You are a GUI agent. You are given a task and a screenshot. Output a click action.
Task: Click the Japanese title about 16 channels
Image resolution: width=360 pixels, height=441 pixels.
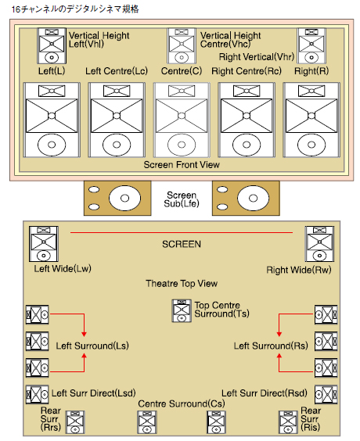[75, 9]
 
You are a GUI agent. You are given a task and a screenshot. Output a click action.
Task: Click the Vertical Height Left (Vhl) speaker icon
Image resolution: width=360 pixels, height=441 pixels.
[52, 46]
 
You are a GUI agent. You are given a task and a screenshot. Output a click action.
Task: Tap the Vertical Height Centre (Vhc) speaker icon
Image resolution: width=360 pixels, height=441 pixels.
[182, 46]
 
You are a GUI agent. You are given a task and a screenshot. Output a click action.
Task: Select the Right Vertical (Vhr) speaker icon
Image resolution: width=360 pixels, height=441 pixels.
[311, 46]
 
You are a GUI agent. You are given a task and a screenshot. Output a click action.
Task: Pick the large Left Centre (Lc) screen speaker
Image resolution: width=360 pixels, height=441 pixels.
[117, 120]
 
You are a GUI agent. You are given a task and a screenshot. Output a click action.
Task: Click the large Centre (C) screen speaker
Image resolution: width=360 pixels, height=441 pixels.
[182, 120]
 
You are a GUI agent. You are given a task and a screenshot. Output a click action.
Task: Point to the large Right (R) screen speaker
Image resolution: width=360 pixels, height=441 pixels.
[311, 120]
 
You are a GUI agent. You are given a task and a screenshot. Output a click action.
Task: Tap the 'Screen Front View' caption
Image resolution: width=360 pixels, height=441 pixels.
[182, 165]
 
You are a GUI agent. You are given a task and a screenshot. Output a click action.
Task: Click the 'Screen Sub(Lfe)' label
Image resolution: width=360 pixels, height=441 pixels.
[182, 199]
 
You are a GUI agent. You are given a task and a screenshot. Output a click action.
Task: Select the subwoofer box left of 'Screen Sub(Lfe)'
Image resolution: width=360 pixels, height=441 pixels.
[117, 199]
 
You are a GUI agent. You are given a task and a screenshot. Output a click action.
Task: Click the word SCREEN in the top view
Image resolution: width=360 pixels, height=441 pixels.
[182, 244]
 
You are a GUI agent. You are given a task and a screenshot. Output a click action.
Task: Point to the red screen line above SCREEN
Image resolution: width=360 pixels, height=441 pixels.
[182, 232]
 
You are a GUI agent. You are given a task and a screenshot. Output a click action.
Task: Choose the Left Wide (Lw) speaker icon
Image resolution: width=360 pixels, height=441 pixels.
[44, 244]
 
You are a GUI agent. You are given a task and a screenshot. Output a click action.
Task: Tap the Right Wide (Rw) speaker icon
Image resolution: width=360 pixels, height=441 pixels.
[319, 244]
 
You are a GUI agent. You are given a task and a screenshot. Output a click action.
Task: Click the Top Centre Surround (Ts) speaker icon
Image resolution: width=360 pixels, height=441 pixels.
[182, 310]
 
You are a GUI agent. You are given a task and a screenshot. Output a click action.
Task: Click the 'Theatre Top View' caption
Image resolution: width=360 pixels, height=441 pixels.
[182, 284]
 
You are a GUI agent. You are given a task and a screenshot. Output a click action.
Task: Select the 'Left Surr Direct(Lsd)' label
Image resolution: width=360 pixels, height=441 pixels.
[93, 393]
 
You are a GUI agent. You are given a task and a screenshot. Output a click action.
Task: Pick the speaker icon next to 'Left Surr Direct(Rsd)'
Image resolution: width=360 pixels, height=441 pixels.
[326, 394]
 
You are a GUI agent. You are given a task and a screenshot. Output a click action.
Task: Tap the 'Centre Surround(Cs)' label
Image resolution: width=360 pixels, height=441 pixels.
[182, 404]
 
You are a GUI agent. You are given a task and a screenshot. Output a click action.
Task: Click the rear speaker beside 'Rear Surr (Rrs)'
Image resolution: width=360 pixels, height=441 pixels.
[75, 422]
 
